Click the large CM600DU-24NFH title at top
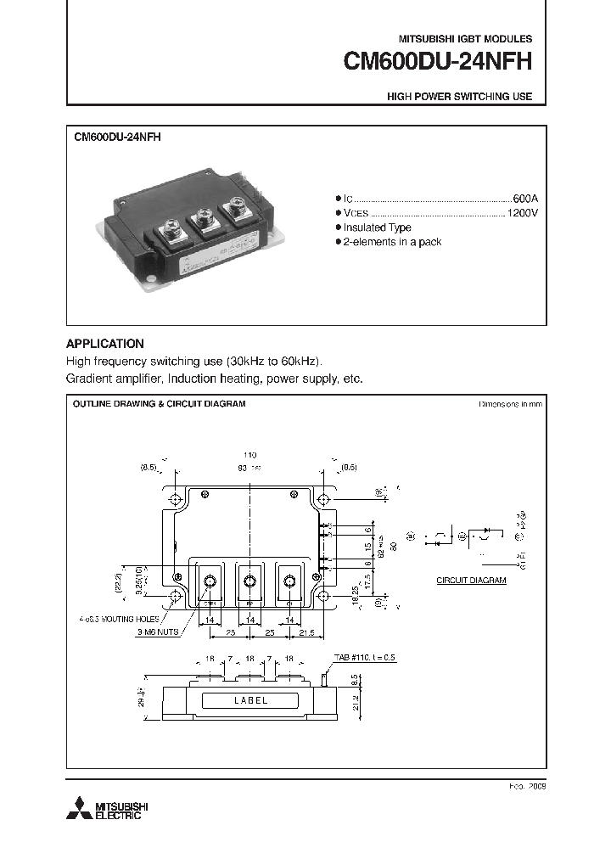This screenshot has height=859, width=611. (x=437, y=62)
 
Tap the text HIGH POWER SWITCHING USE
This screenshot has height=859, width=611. (x=459, y=97)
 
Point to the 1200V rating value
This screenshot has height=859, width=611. (x=522, y=211)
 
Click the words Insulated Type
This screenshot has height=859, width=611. (x=377, y=227)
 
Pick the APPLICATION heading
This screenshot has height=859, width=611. (x=104, y=344)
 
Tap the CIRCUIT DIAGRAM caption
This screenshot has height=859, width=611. (x=471, y=581)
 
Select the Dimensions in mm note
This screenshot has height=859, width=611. (x=509, y=404)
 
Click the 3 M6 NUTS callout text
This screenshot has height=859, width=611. (x=157, y=633)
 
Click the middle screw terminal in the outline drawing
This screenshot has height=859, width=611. (x=249, y=581)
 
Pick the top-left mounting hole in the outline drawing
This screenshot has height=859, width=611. (x=175, y=500)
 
